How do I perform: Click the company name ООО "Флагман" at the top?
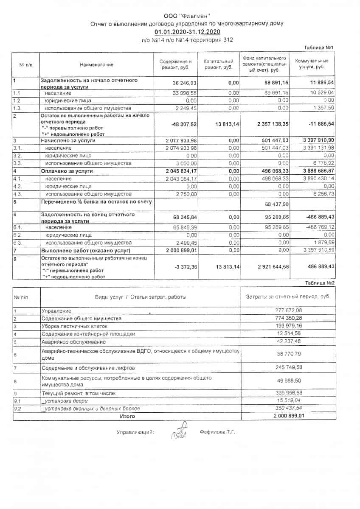click(x=187, y=16)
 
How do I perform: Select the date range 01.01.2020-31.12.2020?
click(x=187, y=32)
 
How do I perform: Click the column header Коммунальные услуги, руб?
click(x=312, y=64)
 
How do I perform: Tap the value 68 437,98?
click(x=277, y=204)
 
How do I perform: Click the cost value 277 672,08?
click(x=288, y=311)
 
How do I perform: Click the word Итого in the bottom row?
click(x=127, y=416)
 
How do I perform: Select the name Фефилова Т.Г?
click(x=217, y=432)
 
